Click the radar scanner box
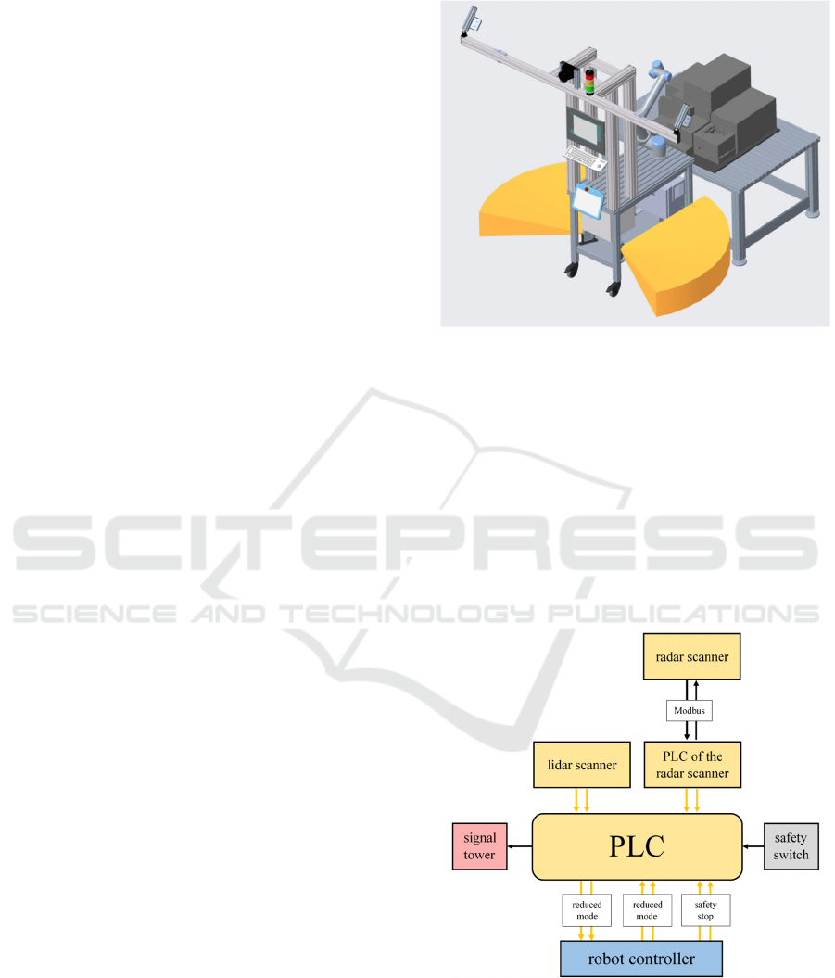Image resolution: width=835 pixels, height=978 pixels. tap(687, 657)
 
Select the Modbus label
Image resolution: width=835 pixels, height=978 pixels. tap(687, 711)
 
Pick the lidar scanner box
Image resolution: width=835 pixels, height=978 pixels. tap(582, 765)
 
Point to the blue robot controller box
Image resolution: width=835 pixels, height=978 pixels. tap(640, 958)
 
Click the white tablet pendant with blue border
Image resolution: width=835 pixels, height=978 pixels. tap(587, 197)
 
